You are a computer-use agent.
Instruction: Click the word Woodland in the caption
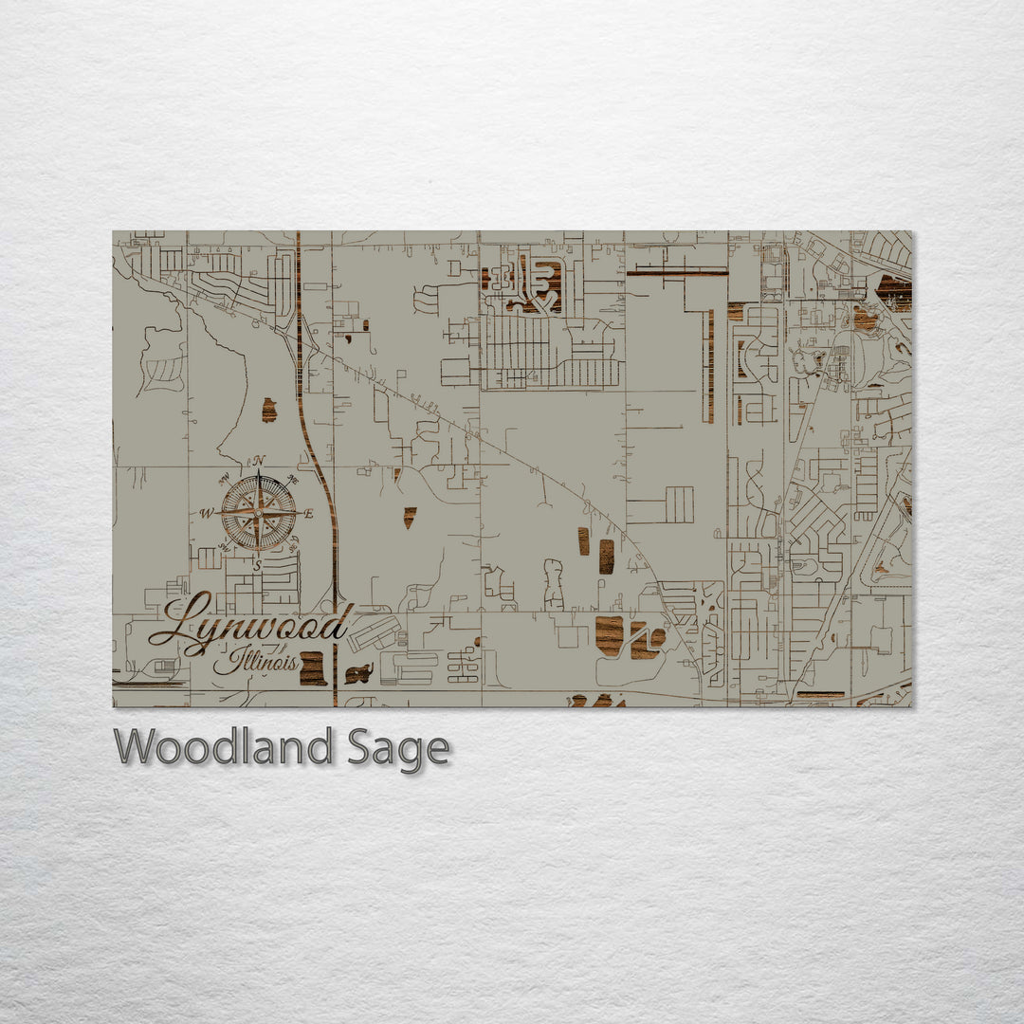coord(223,747)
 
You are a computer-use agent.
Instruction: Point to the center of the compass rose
coord(258,513)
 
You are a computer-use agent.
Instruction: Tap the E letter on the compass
coord(308,513)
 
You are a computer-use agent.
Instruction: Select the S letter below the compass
coord(257,565)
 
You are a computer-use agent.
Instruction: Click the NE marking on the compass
coord(292,481)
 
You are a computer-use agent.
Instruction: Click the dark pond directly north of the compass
coord(269,410)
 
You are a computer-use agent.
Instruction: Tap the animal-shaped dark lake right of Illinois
coord(358,674)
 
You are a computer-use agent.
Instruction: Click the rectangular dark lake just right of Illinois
coord(313,667)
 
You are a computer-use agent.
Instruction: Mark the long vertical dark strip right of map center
coord(708,366)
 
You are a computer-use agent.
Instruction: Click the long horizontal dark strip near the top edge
coord(677,272)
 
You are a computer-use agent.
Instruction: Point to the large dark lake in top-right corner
coord(894,292)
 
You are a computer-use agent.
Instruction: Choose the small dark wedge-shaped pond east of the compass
coord(410,517)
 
